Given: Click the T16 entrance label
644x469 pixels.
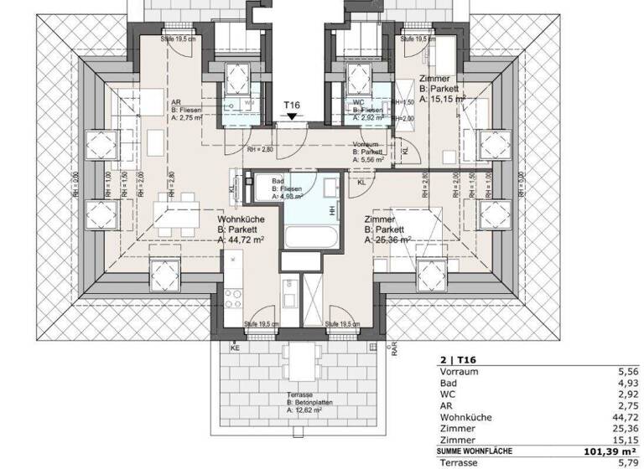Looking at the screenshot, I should (x=291, y=104).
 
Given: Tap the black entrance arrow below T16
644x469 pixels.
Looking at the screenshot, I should (x=291, y=117).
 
